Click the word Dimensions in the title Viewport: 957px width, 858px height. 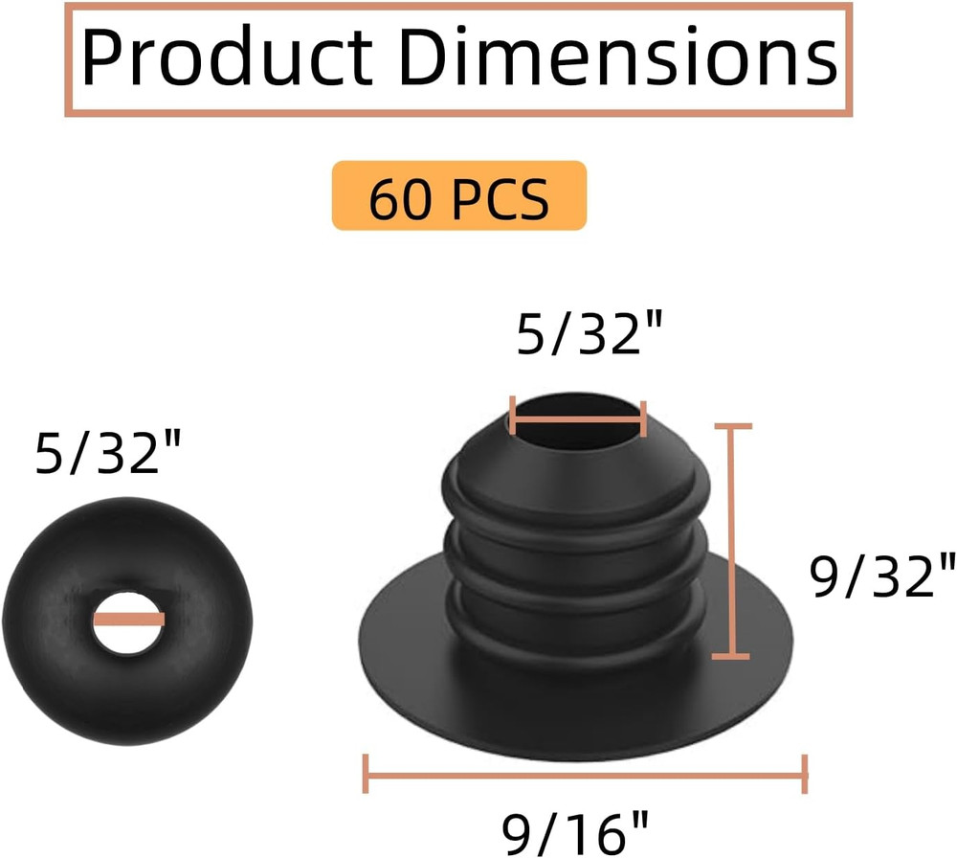coord(618,56)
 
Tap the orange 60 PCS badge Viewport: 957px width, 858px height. coord(459,196)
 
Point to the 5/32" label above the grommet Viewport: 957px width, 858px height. coord(590,333)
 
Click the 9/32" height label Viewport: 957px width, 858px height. coord(882,576)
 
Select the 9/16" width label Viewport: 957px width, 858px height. coord(575,833)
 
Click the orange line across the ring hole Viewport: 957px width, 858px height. coord(129,620)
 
